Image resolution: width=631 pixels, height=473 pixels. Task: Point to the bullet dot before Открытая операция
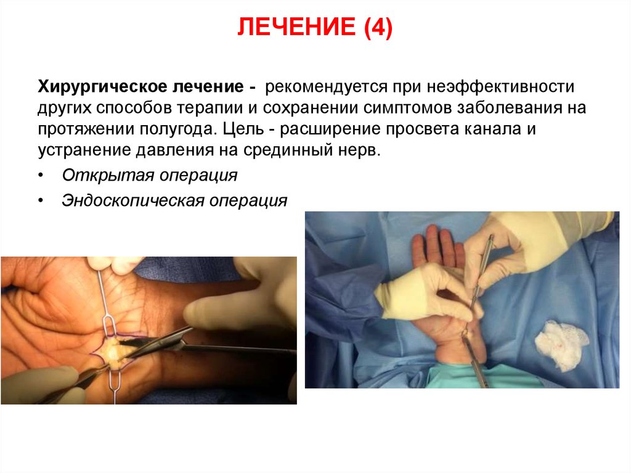(x=41, y=176)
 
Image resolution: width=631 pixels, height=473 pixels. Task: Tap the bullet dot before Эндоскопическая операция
(x=41, y=201)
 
